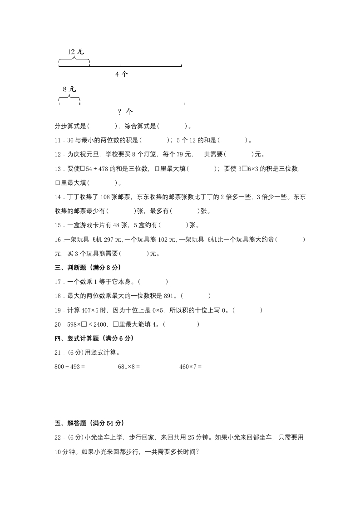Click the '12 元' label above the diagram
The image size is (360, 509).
(x=76, y=52)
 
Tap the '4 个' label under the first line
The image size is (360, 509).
(x=122, y=74)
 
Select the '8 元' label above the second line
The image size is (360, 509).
(x=69, y=89)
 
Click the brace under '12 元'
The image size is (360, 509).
(x=74, y=60)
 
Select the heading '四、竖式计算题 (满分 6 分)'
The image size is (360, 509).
(x=94, y=338)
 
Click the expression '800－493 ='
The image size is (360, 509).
(x=70, y=367)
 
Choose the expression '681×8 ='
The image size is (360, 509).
(x=129, y=367)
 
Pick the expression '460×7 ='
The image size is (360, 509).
(x=190, y=367)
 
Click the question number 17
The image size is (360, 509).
(x=58, y=282)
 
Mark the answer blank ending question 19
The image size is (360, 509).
(x=248, y=310)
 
